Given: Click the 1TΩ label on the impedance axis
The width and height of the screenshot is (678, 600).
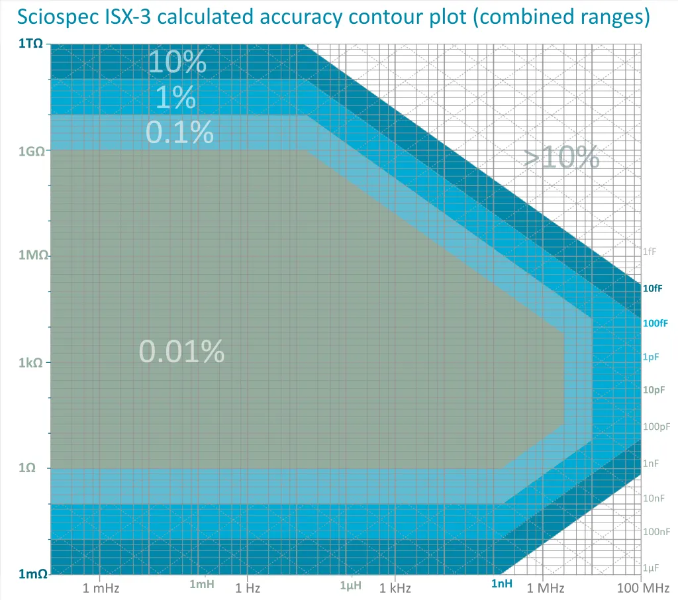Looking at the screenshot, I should [x=30, y=44].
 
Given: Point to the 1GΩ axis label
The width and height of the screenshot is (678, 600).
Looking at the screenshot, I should [x=30, y=151].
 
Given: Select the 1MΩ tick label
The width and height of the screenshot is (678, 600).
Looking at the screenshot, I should [x=30, y=256].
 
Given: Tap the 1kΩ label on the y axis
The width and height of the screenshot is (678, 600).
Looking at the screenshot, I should [x=32, y=363].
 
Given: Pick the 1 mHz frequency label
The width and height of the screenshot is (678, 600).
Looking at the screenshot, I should [x=101, y=587].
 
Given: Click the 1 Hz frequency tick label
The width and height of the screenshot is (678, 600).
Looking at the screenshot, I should [x=248, y=587].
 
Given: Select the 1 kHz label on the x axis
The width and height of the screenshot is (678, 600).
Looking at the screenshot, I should [x=396, y=587].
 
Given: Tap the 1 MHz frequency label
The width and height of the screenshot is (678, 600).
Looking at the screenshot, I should [x=545, y=587].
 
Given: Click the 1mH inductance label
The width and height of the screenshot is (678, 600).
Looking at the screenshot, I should [x=202, y=584].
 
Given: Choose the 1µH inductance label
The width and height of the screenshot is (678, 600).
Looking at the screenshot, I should [x=351, y=585].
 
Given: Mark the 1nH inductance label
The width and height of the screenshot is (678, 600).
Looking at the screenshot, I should [x=502, y=583].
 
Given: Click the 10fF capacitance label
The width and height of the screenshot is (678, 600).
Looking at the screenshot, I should [x=653, y=288].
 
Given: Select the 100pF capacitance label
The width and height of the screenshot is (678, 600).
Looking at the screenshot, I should [x=656, y=426].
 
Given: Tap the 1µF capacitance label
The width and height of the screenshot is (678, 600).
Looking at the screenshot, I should [x=652, y=568].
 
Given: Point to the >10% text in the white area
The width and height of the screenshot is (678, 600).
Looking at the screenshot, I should [x=561, y=158].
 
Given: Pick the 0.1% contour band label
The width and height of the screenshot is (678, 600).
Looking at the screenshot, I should [x=179, y=132].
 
